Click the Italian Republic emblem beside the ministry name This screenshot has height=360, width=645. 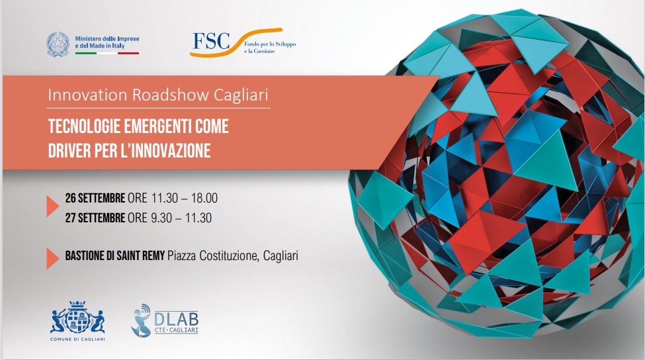[58, 44]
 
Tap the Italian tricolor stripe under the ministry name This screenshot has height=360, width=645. [107, 53]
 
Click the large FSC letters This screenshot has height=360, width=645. [212, 41]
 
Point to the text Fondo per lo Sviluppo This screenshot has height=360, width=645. [270, 44]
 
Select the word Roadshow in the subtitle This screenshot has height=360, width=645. [171, 95]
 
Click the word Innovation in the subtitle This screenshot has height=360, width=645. [87, 95]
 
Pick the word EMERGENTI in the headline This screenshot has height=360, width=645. [157, 126]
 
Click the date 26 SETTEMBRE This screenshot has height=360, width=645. [95, 198]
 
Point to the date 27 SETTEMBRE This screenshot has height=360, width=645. [95, 218]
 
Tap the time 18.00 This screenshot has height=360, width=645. [204, 198]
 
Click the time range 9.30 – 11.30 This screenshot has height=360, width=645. [181, 218]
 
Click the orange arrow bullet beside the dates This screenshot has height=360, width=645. [53, 206]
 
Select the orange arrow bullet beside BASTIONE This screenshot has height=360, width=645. [53, 258]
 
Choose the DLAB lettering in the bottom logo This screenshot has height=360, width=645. [177, 319]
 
